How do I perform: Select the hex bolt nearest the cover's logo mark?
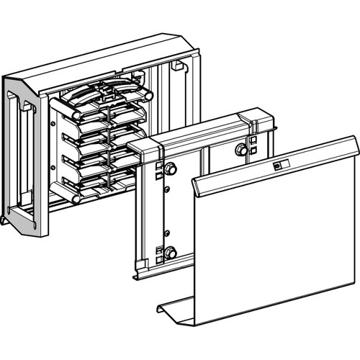[240, 150]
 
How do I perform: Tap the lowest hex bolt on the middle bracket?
[171, 252]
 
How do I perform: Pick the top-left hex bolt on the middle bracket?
[171, 169]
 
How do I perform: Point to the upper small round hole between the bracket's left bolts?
[166, 189]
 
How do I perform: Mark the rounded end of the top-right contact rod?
[149, 94]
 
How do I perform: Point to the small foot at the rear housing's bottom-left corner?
[5, 220]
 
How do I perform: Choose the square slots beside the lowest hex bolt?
[158, 252]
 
